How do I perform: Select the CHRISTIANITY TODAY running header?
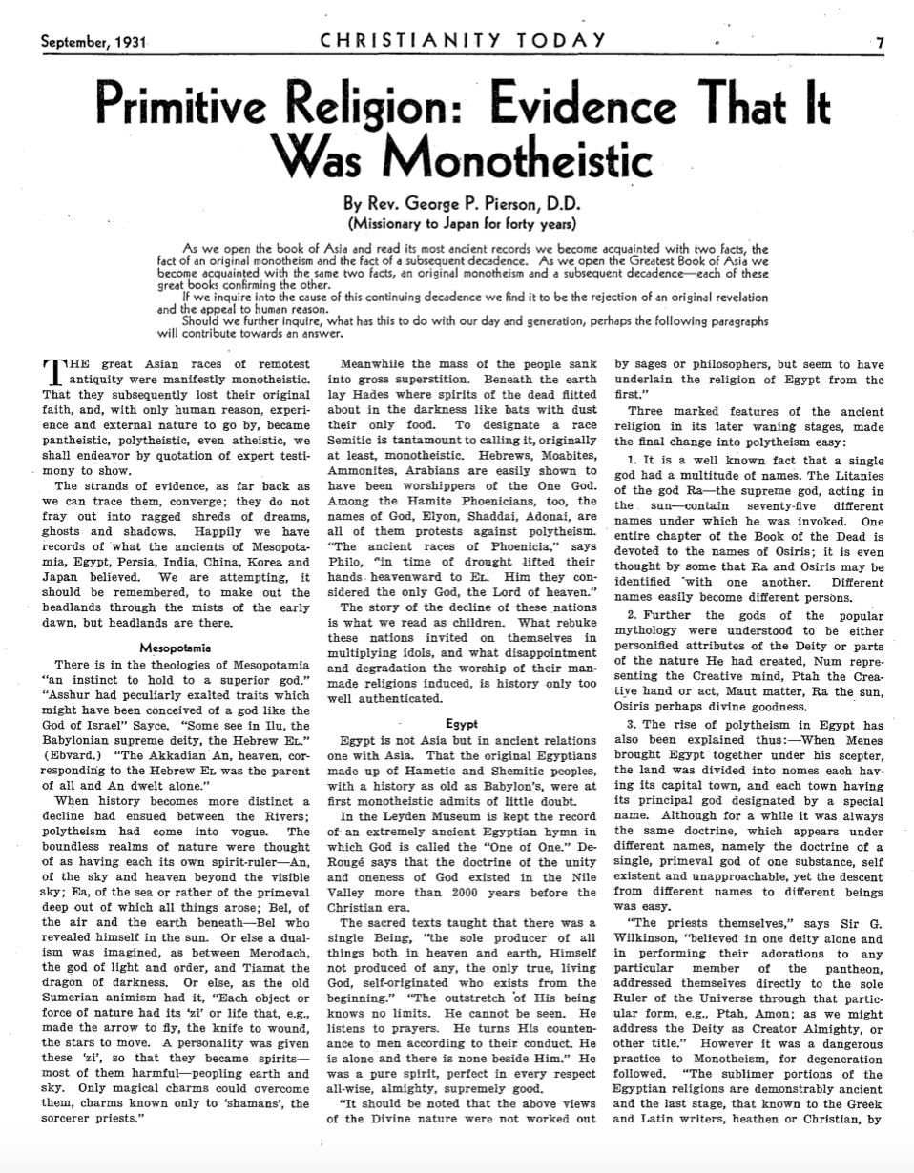[x=464, y=40]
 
